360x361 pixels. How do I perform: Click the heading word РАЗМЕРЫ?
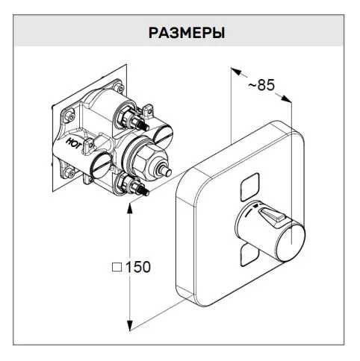point(187,33)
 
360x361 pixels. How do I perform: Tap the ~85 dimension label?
point(261,85)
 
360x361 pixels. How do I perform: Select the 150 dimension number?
point(138,267)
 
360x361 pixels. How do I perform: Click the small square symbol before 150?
point(117,268)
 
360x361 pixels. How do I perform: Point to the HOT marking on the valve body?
point(74,143)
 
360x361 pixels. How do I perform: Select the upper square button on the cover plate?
point(249,186)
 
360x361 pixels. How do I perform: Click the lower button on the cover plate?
point(249,255)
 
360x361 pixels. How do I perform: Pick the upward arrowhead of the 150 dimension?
point(129,208)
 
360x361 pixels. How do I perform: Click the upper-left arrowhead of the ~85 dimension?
point(237,72)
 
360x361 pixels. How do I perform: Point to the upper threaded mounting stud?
point(143,124)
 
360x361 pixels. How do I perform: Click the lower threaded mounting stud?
point(142,188)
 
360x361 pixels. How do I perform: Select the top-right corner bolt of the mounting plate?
point(118,87)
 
